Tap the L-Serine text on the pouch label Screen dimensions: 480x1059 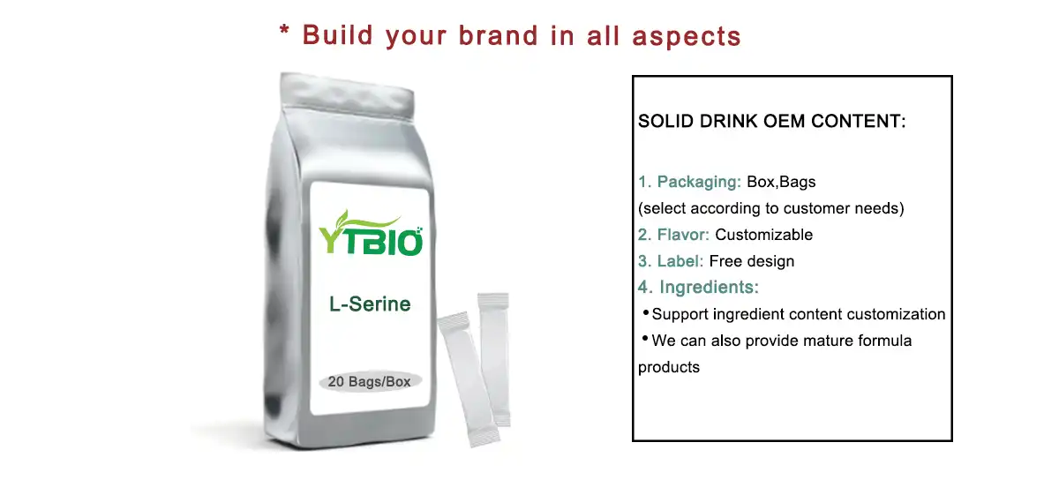tap(370, 304)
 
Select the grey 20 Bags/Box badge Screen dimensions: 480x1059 tap(369, 382)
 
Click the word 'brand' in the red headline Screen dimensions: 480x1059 tap(499, 35)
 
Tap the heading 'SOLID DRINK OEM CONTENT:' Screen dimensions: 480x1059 tap(771, 122)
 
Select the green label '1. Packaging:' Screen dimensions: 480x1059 tap(689, 183)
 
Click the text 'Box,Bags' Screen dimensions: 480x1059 tap(781, 183)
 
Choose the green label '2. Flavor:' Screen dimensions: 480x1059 tap(674, 235)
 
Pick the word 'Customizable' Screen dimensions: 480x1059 tap(763, 235)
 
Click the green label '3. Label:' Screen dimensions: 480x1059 tap(671, 261)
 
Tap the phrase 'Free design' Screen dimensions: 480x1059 tap(752, 261)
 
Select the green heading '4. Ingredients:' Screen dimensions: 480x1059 tap(699, 287)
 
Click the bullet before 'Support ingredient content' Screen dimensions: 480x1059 tap(645, 313)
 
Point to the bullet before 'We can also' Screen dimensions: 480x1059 tap(645, 340)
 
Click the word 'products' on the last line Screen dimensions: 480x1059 tap(669, 367)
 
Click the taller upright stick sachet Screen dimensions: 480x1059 tap(494, 357)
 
